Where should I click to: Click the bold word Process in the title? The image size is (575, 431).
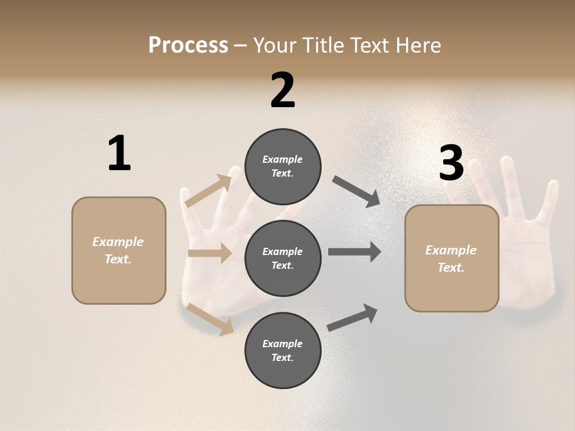(x=188, y=45)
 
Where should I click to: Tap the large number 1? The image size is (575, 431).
(x=119, y=154)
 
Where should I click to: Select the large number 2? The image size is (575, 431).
(x=283, y=91)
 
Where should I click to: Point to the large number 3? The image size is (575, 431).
(x=452, y=163)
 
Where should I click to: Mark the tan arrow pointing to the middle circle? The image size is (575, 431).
(x=210, y=253)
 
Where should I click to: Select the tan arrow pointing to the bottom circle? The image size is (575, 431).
(x=210, y=318)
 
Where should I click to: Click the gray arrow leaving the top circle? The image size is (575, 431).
(x=356, y=192)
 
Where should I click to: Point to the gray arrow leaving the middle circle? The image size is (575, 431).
(x=355, y=251)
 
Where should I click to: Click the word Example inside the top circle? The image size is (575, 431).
(x=283, y=159)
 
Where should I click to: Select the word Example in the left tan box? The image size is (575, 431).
(x=118, y=242)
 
